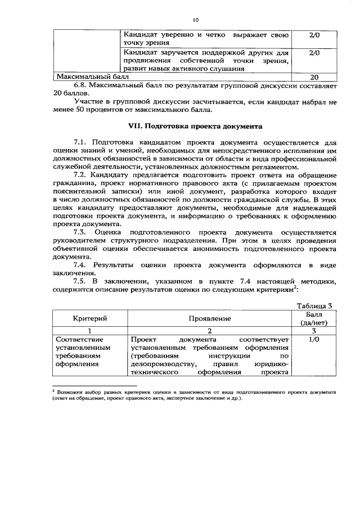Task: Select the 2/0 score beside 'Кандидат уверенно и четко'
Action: pos(314,35)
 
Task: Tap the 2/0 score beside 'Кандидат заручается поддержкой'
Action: pos(314,52)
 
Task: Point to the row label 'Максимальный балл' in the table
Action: pos(92,76)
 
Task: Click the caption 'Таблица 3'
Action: pos(315,306)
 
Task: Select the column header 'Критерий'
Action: pos(90,319)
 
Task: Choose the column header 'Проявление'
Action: pos(209,319)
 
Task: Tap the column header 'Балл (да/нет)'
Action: pos(314,319)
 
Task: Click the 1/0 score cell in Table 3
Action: pos(314,340)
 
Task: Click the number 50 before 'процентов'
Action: pos(81,110)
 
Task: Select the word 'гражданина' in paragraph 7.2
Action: pos(75,184)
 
